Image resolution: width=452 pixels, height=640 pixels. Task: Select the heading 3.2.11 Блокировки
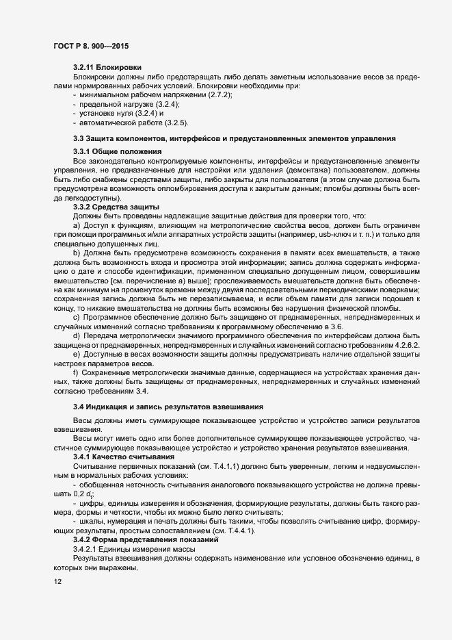tap(107, 67)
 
